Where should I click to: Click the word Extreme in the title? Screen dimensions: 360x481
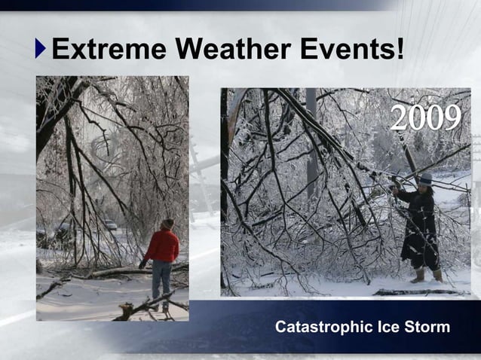click(109, 50)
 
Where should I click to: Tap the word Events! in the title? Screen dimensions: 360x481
click(352, 50)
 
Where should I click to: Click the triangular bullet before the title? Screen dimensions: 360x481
click(41, 50)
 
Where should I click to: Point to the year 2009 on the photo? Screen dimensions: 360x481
click(425, 117)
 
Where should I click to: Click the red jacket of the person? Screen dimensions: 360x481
click(163, 246)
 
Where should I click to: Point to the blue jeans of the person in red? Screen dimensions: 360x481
click(161, 279)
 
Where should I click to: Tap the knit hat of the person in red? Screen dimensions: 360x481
click(167, 224)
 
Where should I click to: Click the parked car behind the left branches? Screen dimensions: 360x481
click(110, 224)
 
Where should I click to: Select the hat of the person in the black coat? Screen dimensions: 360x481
click(426, 178)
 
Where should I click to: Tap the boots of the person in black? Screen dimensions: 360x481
click(427, 276)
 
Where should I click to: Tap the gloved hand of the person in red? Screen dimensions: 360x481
click(142, 264)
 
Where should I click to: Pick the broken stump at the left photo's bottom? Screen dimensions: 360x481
click(128, 308)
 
